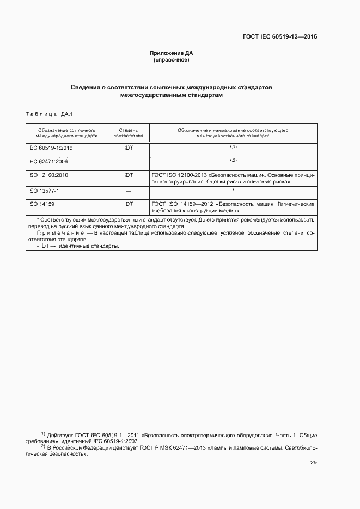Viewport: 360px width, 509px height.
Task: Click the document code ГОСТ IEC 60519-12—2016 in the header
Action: pos(279,37)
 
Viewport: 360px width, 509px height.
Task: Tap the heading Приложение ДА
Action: pos(172,53)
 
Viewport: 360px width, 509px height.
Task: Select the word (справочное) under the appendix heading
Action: pos(172,60)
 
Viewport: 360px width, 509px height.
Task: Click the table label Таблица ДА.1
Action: pos(49,114)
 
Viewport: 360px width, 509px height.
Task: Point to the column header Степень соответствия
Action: pos(129,133)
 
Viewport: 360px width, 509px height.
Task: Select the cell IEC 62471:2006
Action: pos(48,162)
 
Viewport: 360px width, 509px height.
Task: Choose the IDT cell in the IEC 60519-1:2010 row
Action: pos(129,148)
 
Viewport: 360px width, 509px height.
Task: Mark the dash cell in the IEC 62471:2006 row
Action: pos(129,162)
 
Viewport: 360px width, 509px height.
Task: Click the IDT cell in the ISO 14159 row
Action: pos(129,204)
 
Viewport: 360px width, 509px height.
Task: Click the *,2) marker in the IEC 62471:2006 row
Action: pos(233,161)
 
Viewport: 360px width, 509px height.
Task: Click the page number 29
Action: pos(313,463)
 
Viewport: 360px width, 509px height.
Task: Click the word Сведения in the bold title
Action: pos(85,87)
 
